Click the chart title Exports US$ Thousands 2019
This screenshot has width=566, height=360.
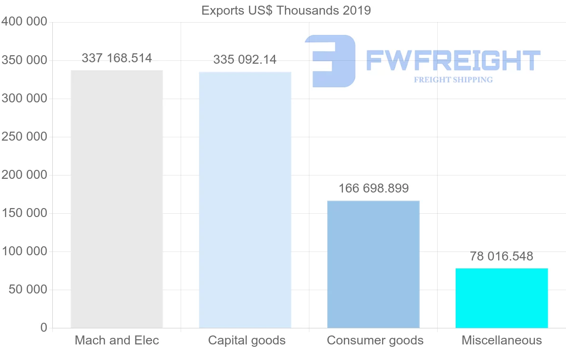point(286,10)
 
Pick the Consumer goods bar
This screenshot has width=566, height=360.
point(373,264)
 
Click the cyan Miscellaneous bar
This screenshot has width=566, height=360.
point(501,298)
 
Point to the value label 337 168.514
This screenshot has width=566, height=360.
point(117,58)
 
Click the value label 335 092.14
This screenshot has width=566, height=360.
point(245,59)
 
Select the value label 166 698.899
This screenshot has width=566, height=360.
point(374,188)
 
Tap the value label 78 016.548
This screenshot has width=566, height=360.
point(501,256)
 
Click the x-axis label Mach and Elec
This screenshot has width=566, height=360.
point(117,340)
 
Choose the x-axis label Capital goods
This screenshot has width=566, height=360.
point(247,340)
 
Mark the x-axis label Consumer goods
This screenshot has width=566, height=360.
point(375,340)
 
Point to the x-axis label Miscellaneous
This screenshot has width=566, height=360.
point(501,340)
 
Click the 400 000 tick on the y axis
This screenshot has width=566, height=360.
point(25,22)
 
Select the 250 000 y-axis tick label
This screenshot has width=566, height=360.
point(25,136)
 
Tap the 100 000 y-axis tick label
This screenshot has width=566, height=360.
point(25,251)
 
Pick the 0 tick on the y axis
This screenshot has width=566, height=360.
point(44,327)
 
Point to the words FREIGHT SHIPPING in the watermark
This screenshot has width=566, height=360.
point(453,80)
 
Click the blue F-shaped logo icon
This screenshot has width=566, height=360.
point(330,61)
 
